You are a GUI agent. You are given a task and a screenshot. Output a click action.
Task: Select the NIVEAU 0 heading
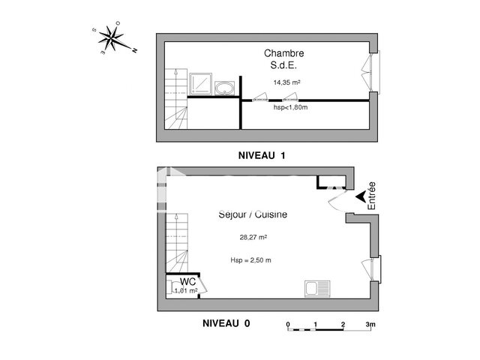click(226, 323)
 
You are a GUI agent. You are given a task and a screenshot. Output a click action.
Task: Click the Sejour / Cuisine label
click(252, 214)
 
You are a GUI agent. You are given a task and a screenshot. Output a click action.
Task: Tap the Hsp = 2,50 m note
click(250, 260)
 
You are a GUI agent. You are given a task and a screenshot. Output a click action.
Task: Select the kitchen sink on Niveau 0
click(314, 288)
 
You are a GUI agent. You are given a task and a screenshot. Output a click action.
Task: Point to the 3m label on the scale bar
click(369, 324)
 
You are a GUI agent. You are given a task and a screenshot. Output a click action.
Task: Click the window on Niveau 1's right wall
click(375, 73)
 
